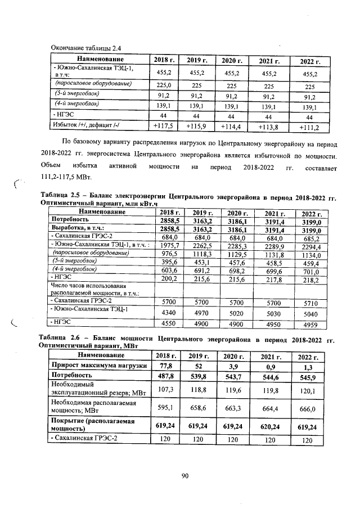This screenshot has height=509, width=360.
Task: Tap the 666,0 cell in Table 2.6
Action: tap(305, 409)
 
